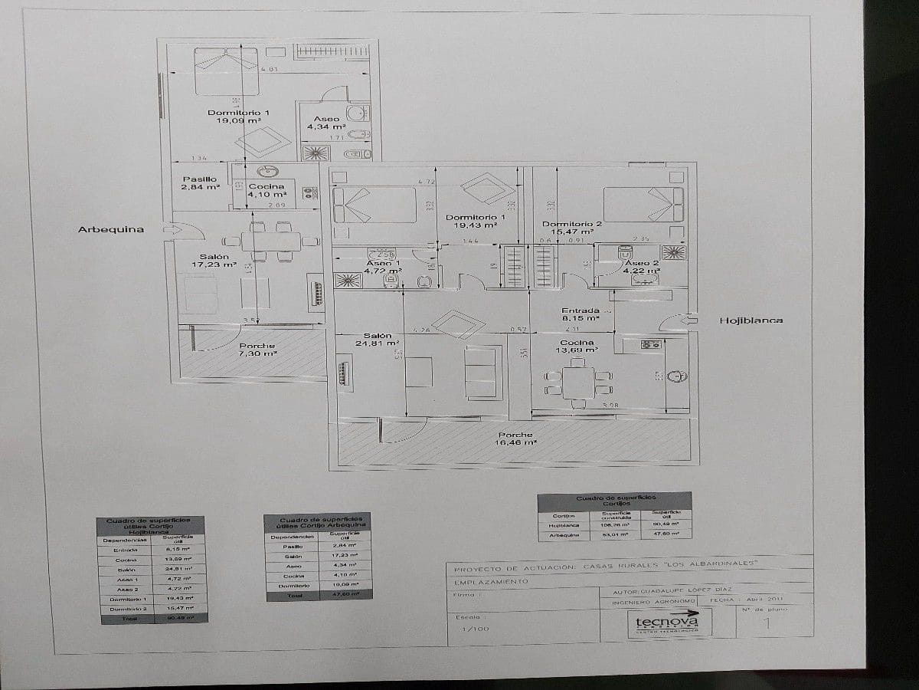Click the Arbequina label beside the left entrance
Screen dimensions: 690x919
[x=110, y=229]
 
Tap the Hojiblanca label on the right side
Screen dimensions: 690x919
[x=751, y=320]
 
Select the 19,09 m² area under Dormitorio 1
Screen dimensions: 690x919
[x=238, y=121]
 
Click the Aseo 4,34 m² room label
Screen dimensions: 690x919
[x=326, y=123]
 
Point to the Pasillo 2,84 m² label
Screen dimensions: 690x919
[x=200, y=182]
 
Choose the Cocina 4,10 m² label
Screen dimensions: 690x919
[x=267, y=190]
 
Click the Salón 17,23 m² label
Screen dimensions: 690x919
[x=214, y=261]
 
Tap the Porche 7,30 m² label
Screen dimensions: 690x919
[x=257, y=350]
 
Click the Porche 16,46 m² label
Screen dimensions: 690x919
[x=515, y=439]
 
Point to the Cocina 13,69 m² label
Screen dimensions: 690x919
[x=577, y=347]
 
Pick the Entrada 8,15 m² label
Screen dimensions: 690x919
[x=580, y=314]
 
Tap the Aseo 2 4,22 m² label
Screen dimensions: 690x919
[x=642, y=266]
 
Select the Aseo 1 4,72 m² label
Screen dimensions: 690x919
[x=384, y=267]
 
